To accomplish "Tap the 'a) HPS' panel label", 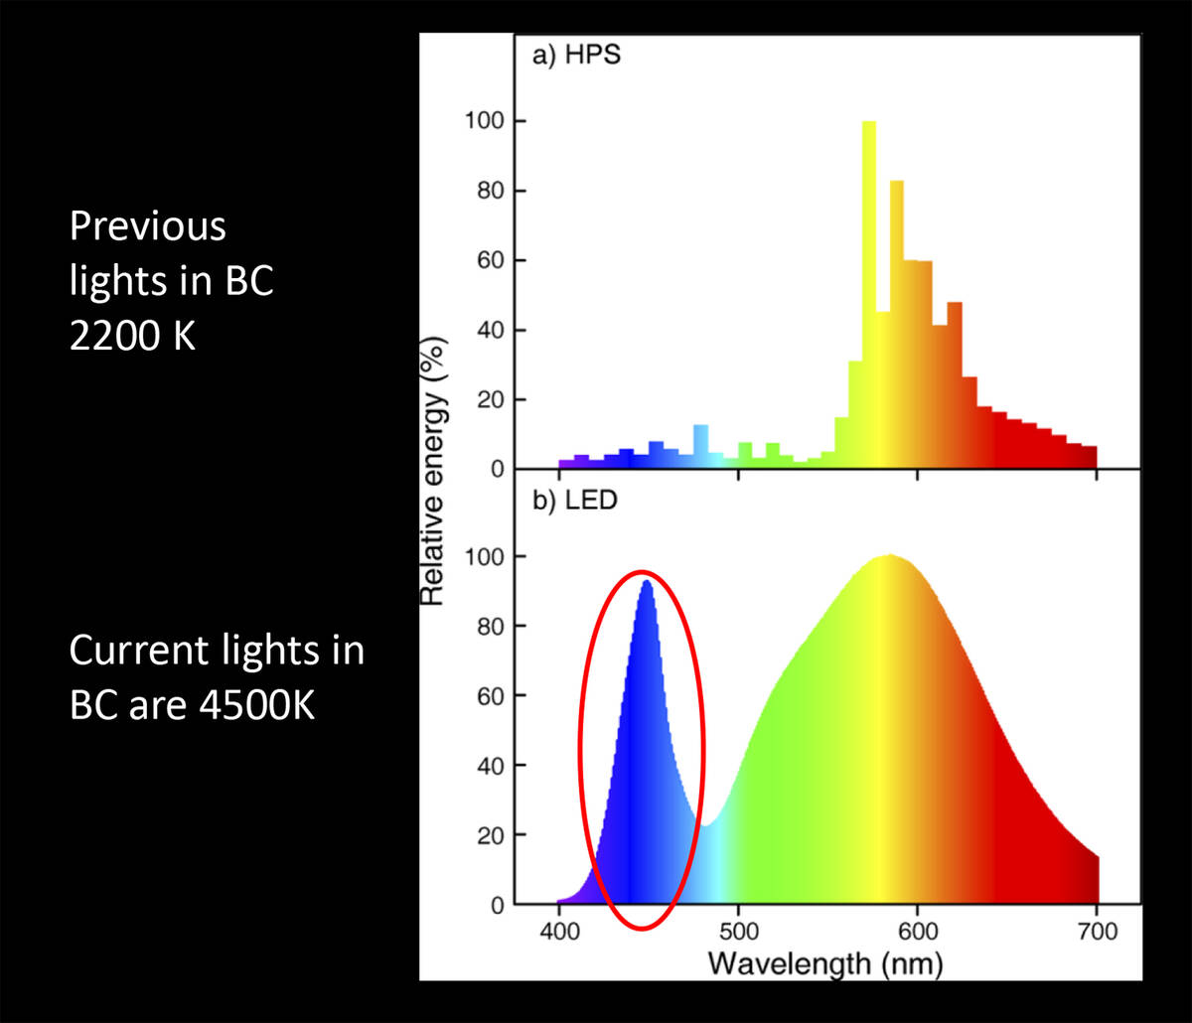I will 578,56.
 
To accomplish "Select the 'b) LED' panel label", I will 576,500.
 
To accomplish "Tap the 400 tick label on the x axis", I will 559,932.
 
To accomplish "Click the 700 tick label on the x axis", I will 1097,932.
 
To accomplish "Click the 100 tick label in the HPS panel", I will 482,121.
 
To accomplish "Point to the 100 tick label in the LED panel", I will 482,556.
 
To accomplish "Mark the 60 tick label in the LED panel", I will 487,695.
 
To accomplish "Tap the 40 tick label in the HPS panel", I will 487,330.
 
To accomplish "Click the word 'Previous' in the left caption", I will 147,227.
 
